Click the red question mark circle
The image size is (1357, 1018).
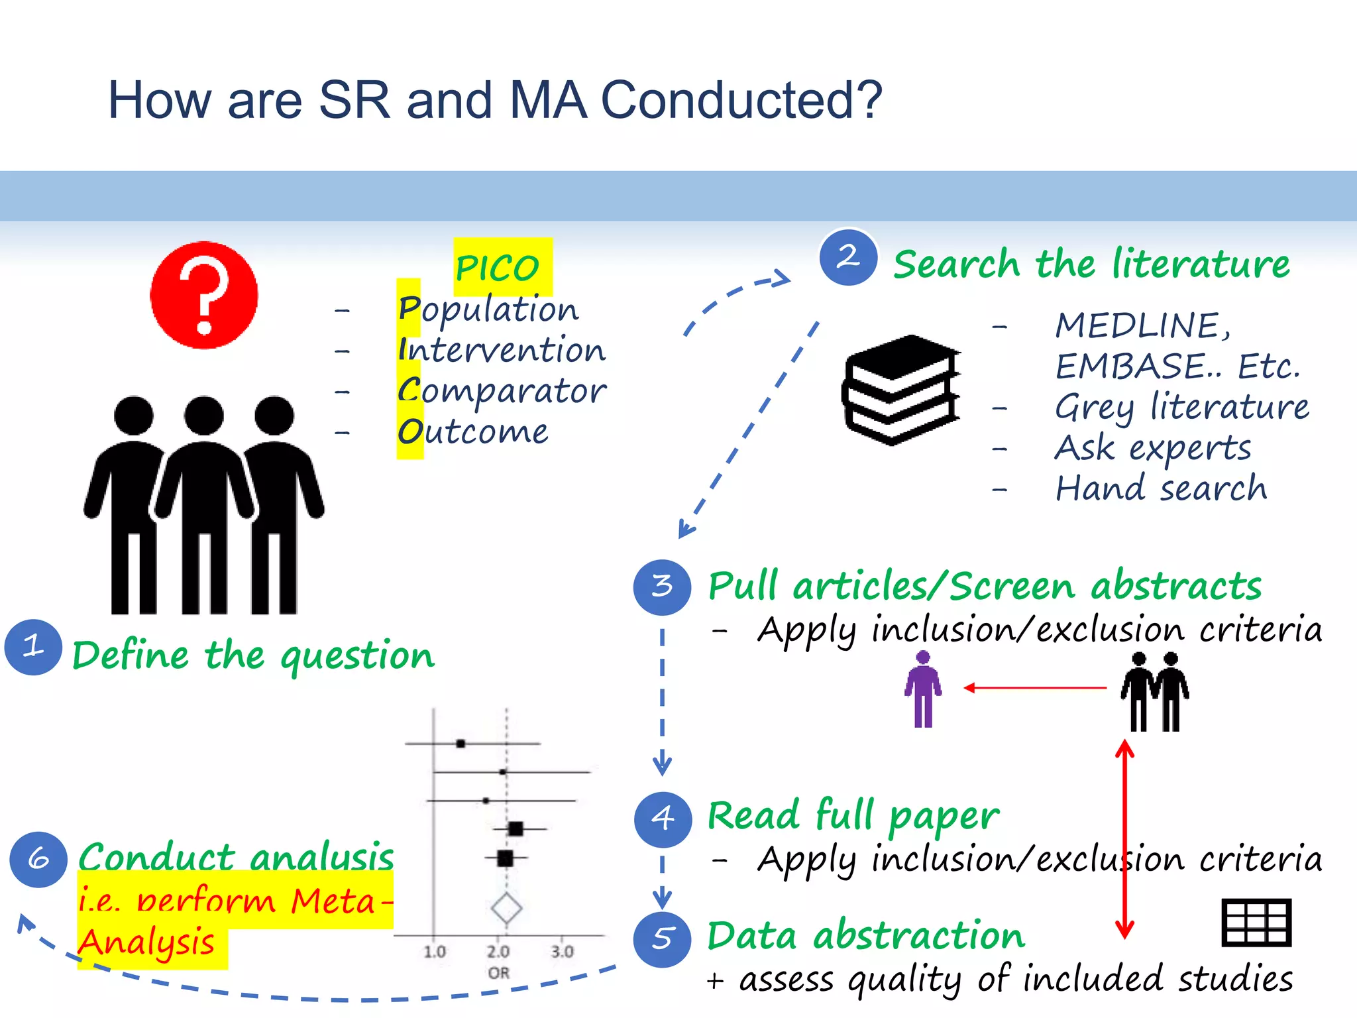pos(204,295)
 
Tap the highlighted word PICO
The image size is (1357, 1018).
pos(498,268)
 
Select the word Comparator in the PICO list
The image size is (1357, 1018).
pos(502,390)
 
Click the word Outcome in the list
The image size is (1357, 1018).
pos(473,431)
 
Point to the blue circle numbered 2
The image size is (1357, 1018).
pos(847,257)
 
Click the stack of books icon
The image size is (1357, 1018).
pos(901,390)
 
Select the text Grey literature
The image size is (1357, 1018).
pos(1181,406)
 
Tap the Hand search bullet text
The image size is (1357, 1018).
pos(1161,488)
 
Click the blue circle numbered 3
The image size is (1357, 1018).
pos(662,587)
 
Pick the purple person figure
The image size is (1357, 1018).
pos(923,689)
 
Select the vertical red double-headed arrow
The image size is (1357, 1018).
pos(1124,839)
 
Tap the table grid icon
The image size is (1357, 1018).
pos(1256,923)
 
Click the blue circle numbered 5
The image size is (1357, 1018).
pos(662,938)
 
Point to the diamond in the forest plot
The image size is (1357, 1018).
pos(507,908)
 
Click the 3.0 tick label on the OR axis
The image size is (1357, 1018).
pos(562,952)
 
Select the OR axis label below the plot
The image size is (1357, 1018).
pos(499,973)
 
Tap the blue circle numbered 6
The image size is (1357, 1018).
pos(38,859)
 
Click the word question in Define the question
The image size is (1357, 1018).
pos(357,656)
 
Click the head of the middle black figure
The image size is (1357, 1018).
pos(204,416)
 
